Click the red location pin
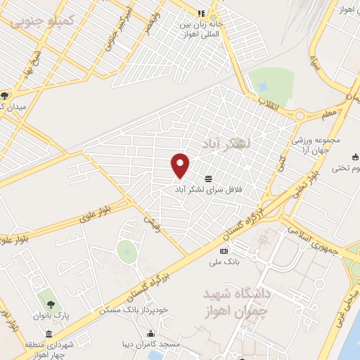(181, 165)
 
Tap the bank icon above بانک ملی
(224, 252)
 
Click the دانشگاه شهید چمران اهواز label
(239, 299)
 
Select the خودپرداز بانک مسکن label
(134, 309)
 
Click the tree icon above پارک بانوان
(51, 304)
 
